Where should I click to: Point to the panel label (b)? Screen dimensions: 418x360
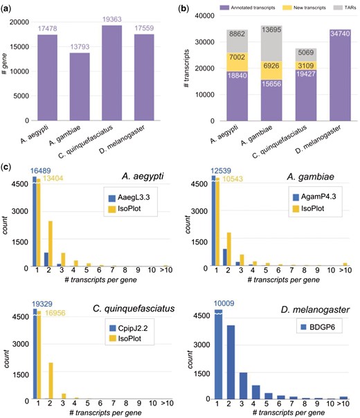pyautogui.click(x=186, y=6)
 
